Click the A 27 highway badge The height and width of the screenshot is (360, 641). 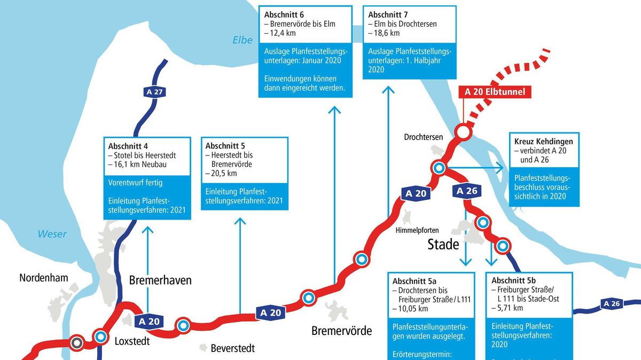click(x=154, y=92)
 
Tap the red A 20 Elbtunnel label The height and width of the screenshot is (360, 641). click(x=495, y=92)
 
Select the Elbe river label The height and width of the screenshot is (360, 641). click(x=242, y=40)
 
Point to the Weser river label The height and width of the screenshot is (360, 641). click(x=52, y=234)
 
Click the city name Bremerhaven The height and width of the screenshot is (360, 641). click(x=160, y=280)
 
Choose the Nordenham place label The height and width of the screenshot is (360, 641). click(x=44, y=278)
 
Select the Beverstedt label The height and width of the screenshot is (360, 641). click(x=233, y=349)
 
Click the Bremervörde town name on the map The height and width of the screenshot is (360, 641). click(x=341, y=331)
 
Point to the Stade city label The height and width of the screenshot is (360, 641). click(x=443, y=245)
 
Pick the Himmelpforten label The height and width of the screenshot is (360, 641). click(x=417, y=230)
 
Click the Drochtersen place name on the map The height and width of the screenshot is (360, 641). click(x=423, y=137)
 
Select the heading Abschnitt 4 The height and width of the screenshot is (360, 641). click(x=128, y=146)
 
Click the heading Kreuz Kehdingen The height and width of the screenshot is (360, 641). click(x=543, y=142)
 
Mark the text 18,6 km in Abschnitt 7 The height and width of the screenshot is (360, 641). click(x=384, y=33)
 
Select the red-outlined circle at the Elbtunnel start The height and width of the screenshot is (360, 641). click(x=463, y=131)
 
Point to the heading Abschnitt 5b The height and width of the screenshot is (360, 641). click(x=514, y=280)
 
